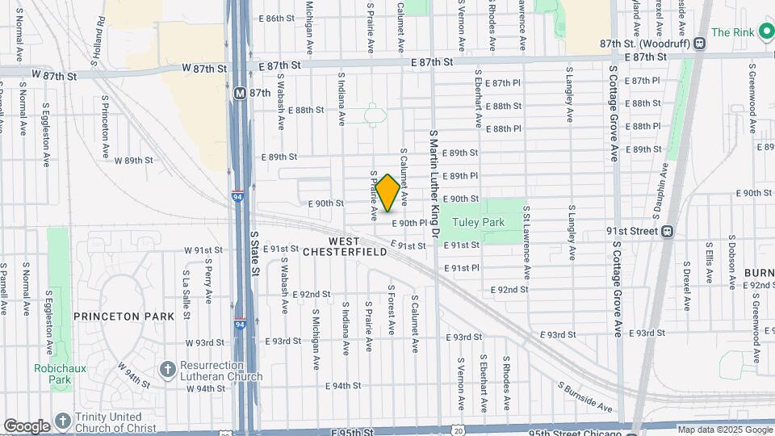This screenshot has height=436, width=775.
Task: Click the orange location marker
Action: pos(387,193)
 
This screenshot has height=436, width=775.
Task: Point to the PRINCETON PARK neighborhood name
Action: pos(124,317)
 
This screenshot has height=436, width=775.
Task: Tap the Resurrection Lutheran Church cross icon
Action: pos(167,369)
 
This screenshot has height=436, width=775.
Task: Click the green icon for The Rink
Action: pos(763,32)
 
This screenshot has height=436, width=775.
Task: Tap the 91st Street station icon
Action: pos(667,231)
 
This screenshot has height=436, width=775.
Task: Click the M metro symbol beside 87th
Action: pos(240,93)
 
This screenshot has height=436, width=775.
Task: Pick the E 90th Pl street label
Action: pos(409,223)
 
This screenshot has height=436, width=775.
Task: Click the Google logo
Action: pos(27,426)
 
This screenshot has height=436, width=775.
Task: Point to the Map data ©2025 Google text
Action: pos(725,430)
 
